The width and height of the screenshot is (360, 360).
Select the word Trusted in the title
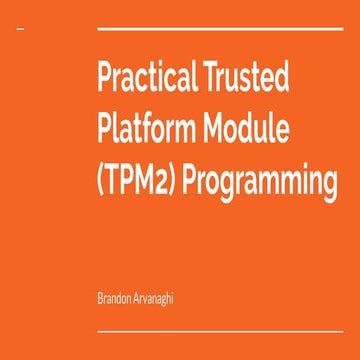(251, 79)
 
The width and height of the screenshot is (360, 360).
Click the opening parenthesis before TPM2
(102, 184)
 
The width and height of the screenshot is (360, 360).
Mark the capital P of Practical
(104, 79)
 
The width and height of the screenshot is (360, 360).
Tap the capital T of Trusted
(211, 79)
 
